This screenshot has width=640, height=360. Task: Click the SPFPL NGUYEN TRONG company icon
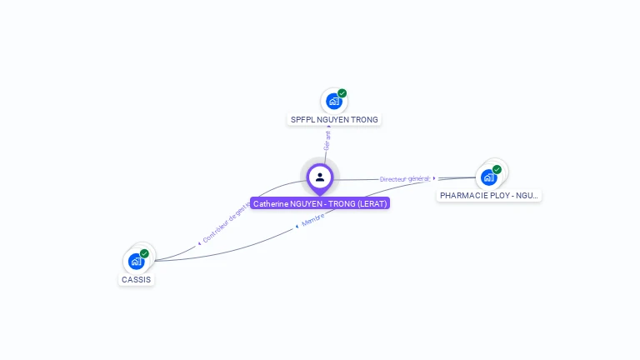[334, 101]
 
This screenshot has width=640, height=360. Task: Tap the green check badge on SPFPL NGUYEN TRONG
[342, 93]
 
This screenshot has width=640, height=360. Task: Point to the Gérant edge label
[327, 140]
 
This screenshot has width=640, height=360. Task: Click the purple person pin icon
[320, 177]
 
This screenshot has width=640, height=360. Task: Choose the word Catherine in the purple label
[272, 203]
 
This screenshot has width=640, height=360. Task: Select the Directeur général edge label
[405, 178]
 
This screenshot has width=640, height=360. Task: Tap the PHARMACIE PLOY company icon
[488, 177]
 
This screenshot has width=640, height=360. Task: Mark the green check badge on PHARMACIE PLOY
[497, 169]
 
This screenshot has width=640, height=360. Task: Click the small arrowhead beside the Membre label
[297, 226]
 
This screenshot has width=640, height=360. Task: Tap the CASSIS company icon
[136, 262]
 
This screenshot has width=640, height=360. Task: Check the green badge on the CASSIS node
[145, 253]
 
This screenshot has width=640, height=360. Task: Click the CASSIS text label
[137, 280]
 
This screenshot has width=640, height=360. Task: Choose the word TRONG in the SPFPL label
[364, 120]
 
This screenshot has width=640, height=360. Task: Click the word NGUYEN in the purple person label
[308, 203]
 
